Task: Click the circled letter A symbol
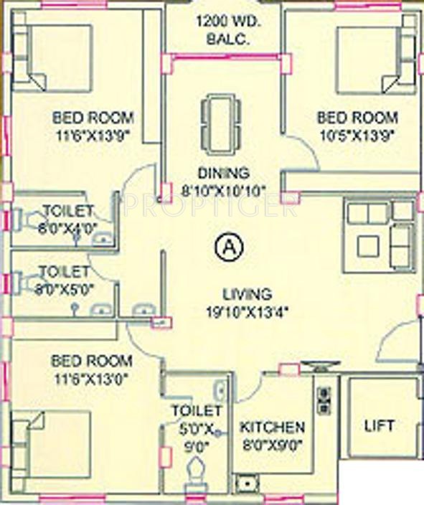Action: click(x=228, y=247)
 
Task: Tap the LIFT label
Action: click(x=379, y=425)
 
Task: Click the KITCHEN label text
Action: click(x=272, y=427)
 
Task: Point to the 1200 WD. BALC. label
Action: click(x=225, y=30)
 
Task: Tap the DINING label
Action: click(x=224, y=173)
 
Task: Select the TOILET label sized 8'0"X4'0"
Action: click(x=67, y=210)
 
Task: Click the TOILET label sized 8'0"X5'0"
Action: click(x=64, y=272)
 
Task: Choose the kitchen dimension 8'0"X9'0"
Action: click(x=272, y=444)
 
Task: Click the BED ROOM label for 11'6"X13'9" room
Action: click(x=93, y=118)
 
